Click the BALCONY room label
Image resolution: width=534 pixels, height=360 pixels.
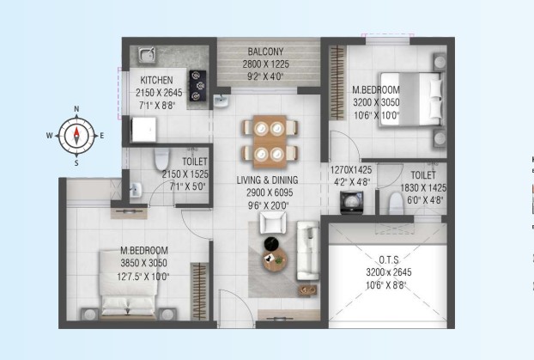[265, 52]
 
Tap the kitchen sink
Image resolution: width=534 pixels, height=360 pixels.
[147, 55]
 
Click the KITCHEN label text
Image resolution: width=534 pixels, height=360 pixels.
[156, 80]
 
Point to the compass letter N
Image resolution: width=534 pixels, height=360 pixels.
[76, 109]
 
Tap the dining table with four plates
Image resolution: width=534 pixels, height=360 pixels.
[270, 142]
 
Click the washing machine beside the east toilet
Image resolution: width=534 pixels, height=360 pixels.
[351, 203]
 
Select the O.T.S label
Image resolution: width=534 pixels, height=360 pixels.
[389, 260]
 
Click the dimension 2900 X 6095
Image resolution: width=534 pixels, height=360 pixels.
[270, 192]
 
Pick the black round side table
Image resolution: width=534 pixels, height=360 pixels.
[271, 243]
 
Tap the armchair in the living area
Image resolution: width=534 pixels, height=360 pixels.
[273, 223]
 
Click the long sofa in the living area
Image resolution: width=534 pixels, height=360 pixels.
[308, 251]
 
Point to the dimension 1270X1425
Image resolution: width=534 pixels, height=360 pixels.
[351, 170]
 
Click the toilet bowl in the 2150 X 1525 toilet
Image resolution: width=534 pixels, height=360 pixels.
[161, 159]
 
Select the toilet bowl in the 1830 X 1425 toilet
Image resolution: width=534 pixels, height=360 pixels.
[396, 204]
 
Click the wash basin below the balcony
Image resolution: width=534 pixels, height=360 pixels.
[221, 101]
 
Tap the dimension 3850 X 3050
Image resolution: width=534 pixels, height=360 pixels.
[143, 263]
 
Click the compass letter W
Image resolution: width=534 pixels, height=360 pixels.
[50, 136]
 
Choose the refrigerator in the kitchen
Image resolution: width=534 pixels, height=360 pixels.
[144, 130]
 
